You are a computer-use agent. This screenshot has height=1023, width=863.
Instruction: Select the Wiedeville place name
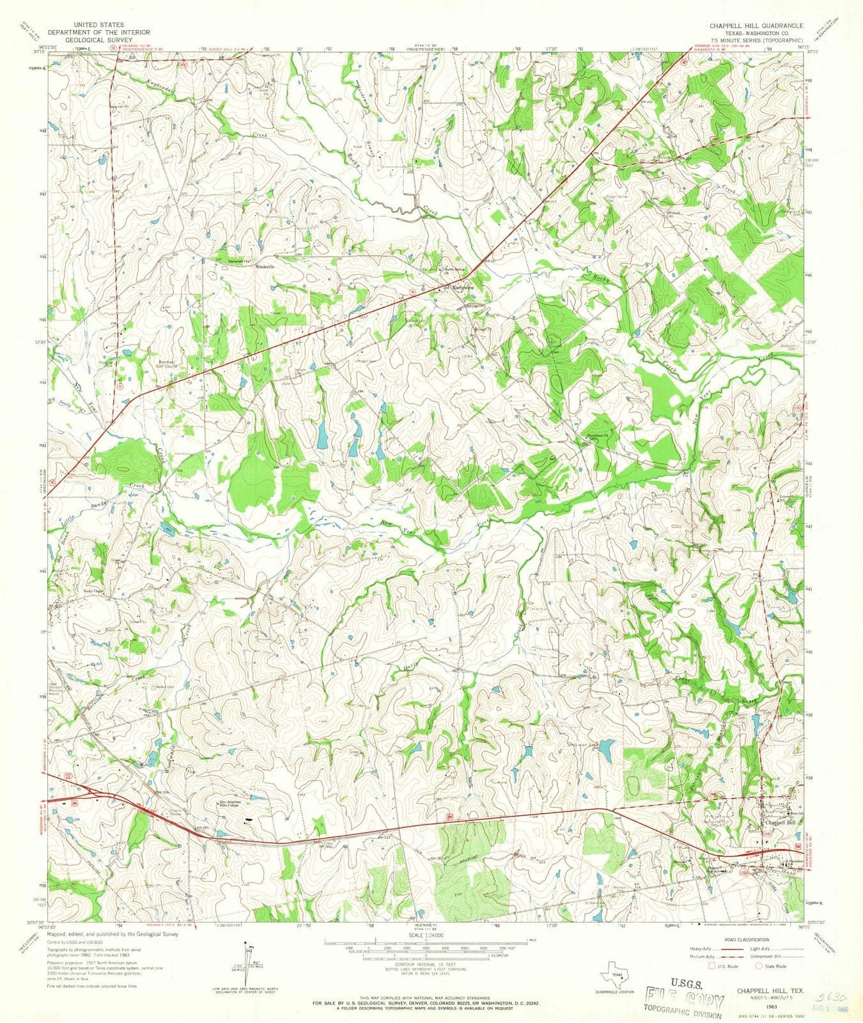(264, 265)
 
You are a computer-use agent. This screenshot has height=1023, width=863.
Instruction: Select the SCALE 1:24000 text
(425, 935)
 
